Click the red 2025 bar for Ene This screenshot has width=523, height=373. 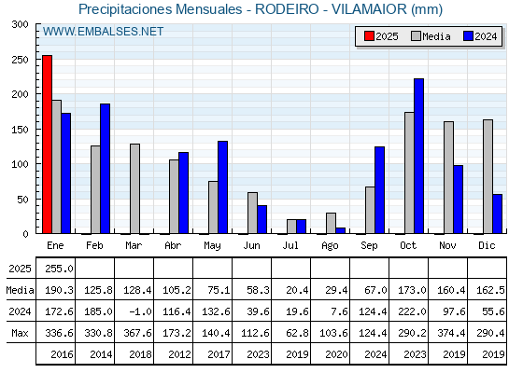click(x=47, y=145)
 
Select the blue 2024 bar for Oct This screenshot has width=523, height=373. click(x=418, y=156)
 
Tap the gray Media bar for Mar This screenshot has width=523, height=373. click(x=134, y=188)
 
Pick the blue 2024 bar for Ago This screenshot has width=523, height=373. click(x=340, y=230)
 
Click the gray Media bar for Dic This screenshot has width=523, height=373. click(x=488, y=176)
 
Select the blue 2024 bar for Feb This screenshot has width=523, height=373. click(x=105, y=169)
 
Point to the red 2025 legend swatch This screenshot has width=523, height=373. click(x=369, y=36)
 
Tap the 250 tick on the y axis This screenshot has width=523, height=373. click(x=20, y=60)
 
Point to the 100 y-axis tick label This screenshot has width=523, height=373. click(x=20, y=164)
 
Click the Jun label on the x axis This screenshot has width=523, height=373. click(x=251, y=246)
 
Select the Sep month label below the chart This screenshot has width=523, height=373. click(x=369, y=246)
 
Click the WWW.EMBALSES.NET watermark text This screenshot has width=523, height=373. click(x=103, y=32)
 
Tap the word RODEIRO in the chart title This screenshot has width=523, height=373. click(x=287, y=9)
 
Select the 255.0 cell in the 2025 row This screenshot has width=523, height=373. click(x=59, y=269)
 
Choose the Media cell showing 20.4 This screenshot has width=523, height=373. click(x=297, y=290)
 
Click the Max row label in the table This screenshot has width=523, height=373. click(x=20, y=333)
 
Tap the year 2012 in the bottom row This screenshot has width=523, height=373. click(x=179, y=354)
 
